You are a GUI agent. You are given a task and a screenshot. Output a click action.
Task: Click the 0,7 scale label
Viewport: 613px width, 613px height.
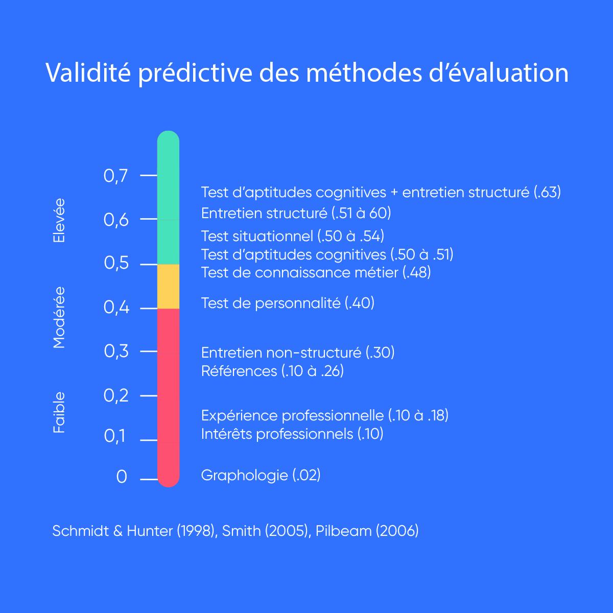click(x=115, y=176)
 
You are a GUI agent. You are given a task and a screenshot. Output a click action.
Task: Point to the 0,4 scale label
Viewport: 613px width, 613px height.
click(x=116, y=308)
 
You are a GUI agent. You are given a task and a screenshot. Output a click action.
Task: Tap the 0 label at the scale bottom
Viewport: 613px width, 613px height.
click(x=122, y=477)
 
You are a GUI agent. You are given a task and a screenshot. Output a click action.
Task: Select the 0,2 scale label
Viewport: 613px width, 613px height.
click(x=116, y=395)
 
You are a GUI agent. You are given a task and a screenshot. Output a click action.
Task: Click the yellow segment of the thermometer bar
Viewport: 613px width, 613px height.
click(x=168, y=286)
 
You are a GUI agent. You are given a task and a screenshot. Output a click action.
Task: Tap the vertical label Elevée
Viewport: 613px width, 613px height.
click(x=59, y=221)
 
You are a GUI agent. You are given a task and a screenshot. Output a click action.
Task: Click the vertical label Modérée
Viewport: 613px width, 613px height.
click(x=59, y=317)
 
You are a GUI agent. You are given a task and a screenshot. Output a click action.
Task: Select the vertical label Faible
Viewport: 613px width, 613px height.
click(x=59, y=412)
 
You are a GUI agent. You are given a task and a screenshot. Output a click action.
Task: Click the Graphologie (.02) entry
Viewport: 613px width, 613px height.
click(x=261, y=476)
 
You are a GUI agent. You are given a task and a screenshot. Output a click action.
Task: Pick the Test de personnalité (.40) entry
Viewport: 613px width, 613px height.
click(x=288, y=303)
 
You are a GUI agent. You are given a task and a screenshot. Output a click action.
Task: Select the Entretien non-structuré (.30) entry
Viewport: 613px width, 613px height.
click(x=298, y=352)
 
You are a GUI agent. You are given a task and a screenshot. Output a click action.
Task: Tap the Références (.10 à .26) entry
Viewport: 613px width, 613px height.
click(x=272, y=371)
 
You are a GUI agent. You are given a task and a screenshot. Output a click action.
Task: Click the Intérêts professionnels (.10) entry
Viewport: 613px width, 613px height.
click(x=292, y=434)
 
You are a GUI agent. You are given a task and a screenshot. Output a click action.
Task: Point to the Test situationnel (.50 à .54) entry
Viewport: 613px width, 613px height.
click(x=292, y=236)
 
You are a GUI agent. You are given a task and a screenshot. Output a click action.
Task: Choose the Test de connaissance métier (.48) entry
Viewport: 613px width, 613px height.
click(x=316, y=272)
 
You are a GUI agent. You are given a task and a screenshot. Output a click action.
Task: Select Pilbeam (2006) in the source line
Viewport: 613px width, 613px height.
click(x=367, y=531)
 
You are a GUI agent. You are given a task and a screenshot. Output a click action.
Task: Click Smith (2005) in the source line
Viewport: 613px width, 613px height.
click(x=265, y=531)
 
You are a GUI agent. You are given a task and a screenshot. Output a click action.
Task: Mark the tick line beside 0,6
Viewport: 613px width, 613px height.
click(x=149, y=219)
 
